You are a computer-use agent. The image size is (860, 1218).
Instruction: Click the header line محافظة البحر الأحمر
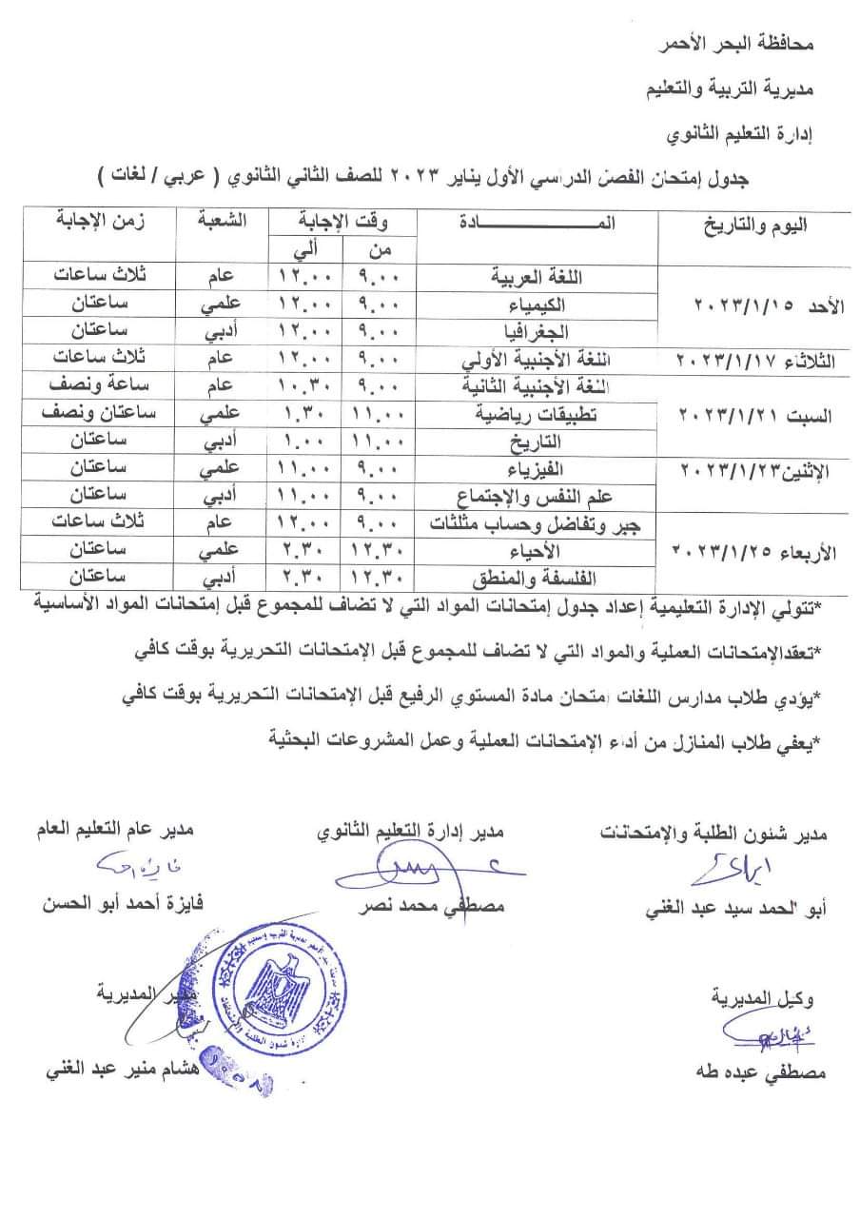click(752, 44)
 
